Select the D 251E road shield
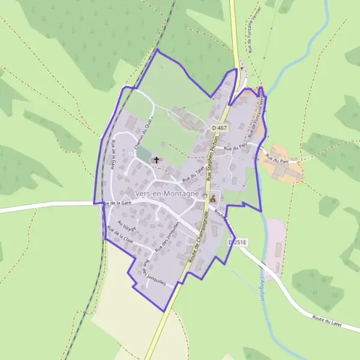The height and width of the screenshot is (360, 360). [x=238, y=241]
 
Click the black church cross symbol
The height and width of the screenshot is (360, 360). [x=157, y=160]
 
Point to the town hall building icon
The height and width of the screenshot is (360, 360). [x=212, y=197]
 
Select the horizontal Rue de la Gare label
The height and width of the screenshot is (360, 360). [x=118, y=203]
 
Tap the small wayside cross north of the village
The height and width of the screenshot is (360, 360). [x=242, y=68]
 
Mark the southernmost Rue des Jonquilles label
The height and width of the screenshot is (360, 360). [x=154, y=273]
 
